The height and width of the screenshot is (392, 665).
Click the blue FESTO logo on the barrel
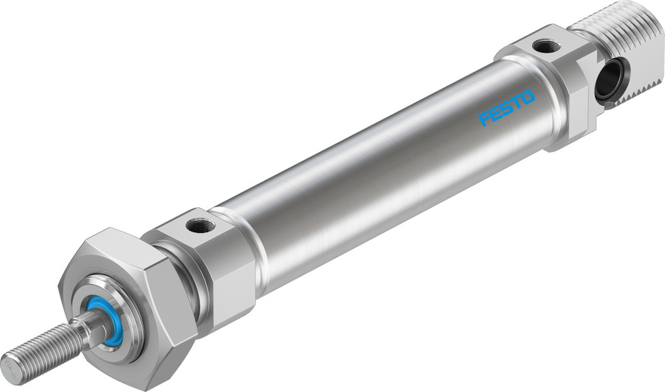point(507,108)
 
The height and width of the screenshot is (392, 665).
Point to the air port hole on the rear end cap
point(547,46)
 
